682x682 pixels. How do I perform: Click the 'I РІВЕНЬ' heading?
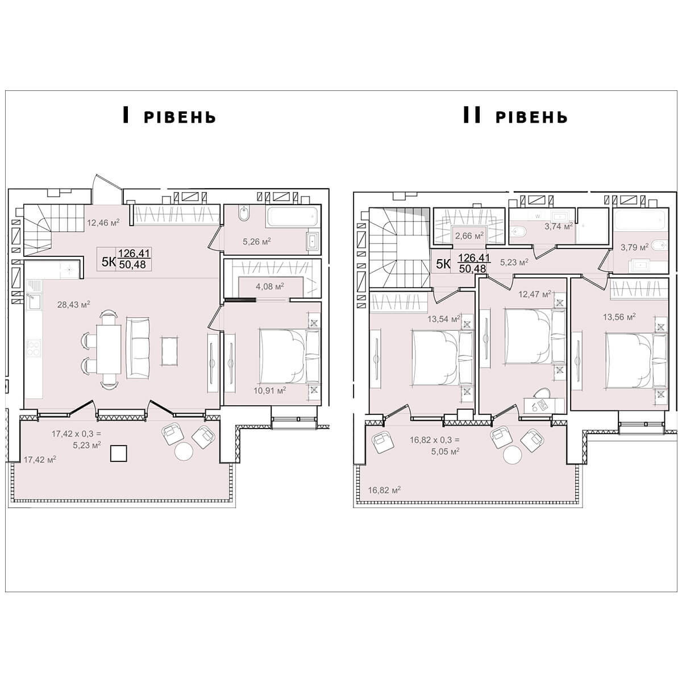tap(169, 116)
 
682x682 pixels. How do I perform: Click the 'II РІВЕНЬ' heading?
tap(515, 116)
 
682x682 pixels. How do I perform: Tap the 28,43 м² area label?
tap(74, 304)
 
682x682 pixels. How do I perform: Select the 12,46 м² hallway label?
tap(103, 223)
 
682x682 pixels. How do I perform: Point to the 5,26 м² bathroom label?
tap(256, 242)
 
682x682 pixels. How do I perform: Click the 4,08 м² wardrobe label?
tap(270, 286)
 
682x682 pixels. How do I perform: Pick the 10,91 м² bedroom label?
tap(270, 390)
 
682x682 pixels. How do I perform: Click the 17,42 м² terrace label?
tap(40, 460)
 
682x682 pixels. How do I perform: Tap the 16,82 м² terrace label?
tap(384, 490)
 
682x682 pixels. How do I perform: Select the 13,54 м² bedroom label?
tap(444, 319)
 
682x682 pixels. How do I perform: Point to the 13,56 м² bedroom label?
tap(619, 317)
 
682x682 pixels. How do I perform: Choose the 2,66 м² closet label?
tap(469, 236)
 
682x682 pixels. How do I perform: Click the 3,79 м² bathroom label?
tap(635, 247)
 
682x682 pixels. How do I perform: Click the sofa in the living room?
tap(138, 348)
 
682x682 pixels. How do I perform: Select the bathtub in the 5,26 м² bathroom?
tap(293, 217)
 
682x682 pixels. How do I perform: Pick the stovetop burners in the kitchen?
tap(34, 348)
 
